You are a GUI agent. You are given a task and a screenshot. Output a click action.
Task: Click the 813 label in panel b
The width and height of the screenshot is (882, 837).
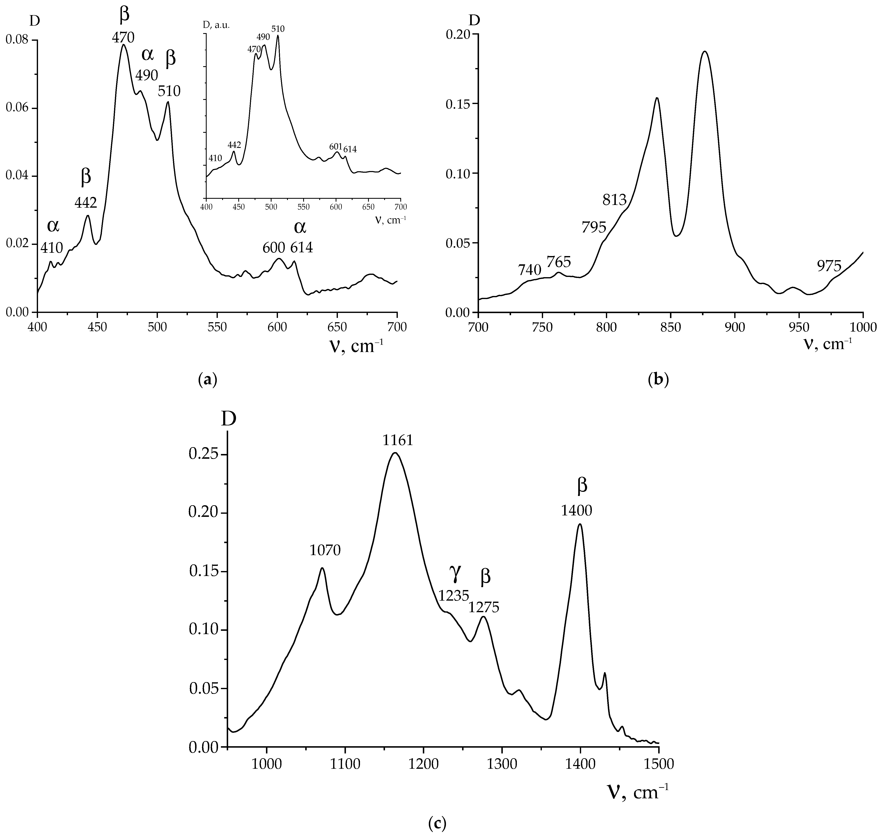(x=614, y=200)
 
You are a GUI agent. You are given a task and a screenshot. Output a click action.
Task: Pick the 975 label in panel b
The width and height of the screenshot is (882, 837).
(x=829, y=266)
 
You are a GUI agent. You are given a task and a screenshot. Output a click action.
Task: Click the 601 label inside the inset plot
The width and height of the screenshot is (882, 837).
(x=335, y=147)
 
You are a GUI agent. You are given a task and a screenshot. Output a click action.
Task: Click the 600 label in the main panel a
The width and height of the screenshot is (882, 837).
(x=274, y=248)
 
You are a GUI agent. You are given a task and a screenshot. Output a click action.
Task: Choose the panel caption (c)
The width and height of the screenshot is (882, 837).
(x=436, y=822)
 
